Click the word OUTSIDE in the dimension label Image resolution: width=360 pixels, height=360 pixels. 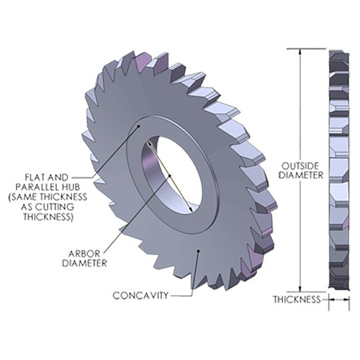298,165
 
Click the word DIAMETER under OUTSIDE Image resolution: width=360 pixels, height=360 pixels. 298,175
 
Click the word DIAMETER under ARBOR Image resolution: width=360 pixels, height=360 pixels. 84,263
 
